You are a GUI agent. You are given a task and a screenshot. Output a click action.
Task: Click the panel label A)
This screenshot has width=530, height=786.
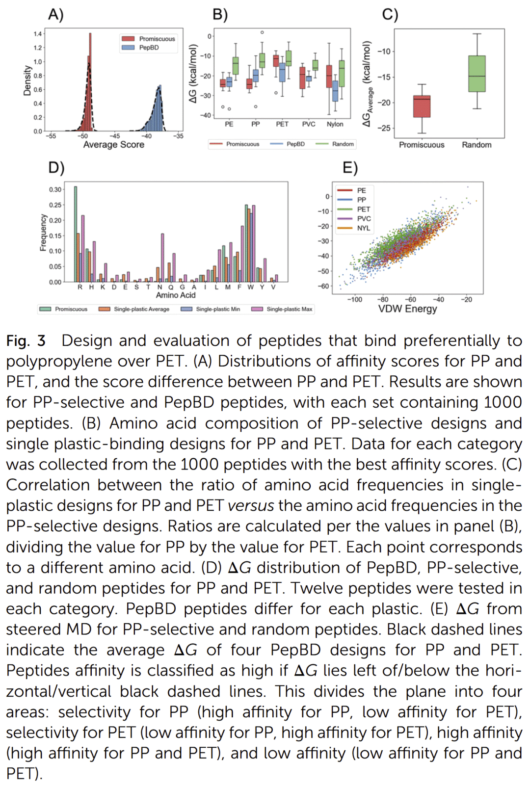click(x=55, y=15)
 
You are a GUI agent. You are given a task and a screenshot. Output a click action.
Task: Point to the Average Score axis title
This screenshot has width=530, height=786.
click(x=113, y=145)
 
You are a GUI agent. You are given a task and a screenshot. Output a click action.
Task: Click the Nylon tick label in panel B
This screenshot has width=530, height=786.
click(x=335, y=125)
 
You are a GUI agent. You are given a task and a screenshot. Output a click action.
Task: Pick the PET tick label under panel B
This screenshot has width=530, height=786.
click(x=282, y=125)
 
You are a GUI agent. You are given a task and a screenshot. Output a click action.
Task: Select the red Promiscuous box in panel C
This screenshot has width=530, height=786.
click(x=422, y=106)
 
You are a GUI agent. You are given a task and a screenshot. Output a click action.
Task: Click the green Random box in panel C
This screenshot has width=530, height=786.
click(x=477, y=74)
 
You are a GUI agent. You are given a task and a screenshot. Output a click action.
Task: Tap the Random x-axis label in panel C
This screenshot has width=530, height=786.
click(x=477, y=145)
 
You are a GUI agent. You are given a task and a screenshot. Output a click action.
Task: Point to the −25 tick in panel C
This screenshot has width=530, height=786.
click(x=384, y=128)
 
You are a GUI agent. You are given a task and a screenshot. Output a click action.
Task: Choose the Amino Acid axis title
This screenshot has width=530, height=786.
click(x=175, y=295)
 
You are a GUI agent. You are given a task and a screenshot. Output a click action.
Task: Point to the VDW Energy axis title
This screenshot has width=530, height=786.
click(x=407, y=309)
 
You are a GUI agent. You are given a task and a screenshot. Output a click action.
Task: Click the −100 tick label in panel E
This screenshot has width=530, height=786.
click(x=354, y=299)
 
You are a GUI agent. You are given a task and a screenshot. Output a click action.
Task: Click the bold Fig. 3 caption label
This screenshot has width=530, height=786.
click(x=26, y=341)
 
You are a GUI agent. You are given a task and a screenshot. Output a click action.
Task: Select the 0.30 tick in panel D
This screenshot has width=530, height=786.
click(x=55, y=190)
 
